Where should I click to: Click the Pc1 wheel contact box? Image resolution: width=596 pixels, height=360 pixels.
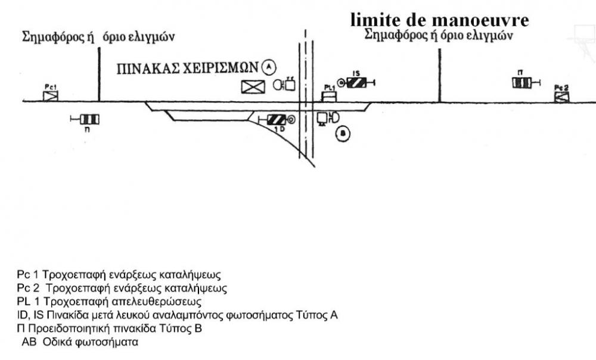51,95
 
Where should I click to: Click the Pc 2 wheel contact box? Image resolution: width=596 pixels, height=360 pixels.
561,95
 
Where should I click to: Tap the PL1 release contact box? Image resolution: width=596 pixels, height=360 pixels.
329,95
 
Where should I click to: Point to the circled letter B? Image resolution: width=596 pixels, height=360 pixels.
342,134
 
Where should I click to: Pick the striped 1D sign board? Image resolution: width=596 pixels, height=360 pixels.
277,119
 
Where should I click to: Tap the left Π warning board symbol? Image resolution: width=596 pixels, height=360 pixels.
89,119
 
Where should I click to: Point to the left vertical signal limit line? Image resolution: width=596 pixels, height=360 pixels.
99,75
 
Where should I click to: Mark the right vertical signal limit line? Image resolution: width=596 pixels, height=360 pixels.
440,75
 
